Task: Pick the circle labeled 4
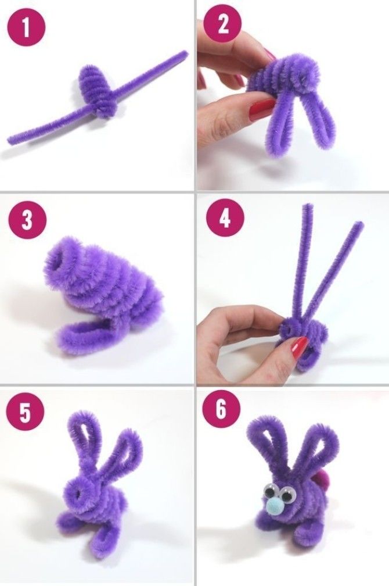pyautogui.click(x=224, y=218)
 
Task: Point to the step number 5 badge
pyautogui.click(x=25, y=413)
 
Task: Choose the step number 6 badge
pyautogui.click(x=221, y=409)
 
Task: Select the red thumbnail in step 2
pyautogui.click(x=262, y=109)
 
